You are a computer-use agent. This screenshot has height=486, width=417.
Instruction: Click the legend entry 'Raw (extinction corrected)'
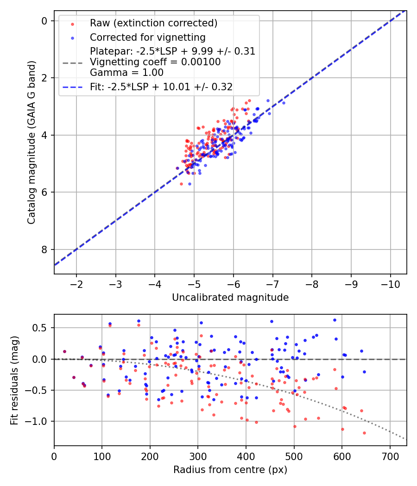pyautogui.click(x=153, y=23)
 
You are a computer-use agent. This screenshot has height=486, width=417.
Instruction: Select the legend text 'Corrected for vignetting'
pyautogui.click(x=147, y=37)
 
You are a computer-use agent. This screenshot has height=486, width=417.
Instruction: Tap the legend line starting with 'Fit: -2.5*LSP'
pyautogui.click(x=161, y=87)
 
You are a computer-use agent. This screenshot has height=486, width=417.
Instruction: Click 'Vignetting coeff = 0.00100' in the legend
pyautogui.click(x=155, y=62)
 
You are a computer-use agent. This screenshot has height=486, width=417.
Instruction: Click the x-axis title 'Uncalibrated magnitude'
pyautogui.click(x=230, y=298)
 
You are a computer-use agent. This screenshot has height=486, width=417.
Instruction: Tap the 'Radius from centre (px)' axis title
pyautogui.click(x=230, y=470)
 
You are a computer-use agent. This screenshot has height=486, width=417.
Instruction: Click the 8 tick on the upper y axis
pyautogui.click(x=45, y=249)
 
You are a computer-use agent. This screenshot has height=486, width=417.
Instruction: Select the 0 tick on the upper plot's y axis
pyautogui.click(x=45, y=21)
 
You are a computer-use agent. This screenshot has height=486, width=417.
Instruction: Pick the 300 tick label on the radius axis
pyautogui.click(x=198, y=455)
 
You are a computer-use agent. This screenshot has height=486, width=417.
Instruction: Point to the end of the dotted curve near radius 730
pyautogui.click(x=404, y=438)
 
